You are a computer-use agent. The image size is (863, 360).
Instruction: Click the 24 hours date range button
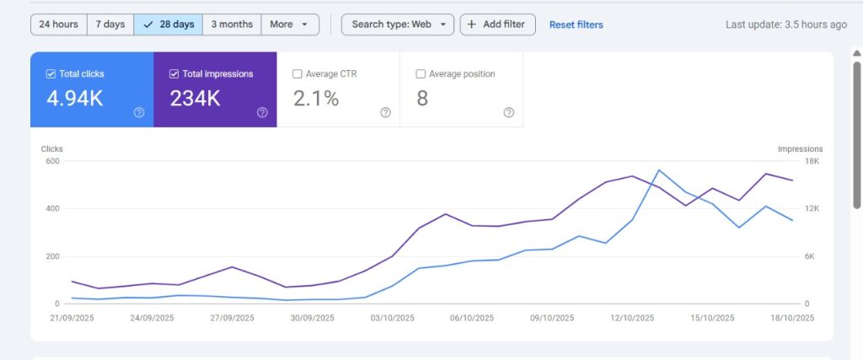click(59, 24)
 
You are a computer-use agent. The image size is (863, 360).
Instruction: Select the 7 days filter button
click(110, 24)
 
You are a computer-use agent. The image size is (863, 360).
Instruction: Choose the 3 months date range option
click(232, 24)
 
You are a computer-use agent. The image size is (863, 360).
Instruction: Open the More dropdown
click(290, 24)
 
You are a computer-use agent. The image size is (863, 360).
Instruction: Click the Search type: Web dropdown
click(398, 24)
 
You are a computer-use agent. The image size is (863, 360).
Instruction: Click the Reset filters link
click(576, 24)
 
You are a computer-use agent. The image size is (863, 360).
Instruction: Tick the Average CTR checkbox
click(297, 74)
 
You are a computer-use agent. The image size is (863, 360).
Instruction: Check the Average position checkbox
click(421, 74)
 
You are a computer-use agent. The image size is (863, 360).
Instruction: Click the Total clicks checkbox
click(51, 74)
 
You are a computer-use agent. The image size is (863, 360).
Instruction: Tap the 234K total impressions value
click(196, 99)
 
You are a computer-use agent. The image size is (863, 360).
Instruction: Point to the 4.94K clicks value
click(75, 99)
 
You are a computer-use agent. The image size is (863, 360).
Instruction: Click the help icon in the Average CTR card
click(385, 112)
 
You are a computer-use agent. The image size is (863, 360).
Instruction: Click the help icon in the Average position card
click(508, 112)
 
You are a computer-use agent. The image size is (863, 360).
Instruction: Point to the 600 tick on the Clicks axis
click(51, 161)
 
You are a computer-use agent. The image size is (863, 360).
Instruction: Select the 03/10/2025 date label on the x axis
click(392, 318)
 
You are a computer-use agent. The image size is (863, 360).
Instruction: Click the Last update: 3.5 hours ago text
click(785, 24)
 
